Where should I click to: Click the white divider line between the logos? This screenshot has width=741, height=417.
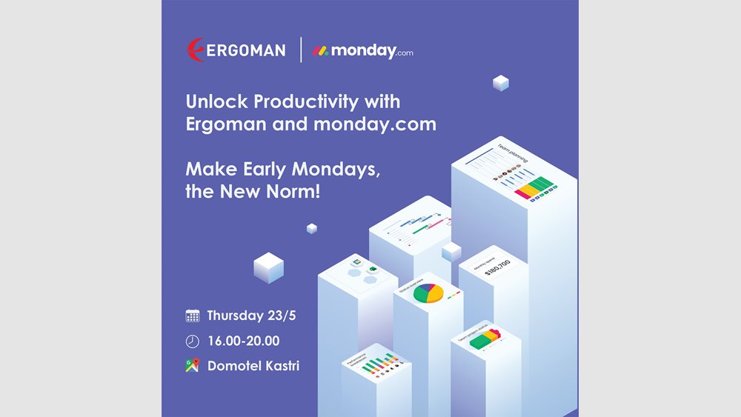[301, 50]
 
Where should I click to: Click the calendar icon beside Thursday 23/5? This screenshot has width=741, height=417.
[193, 316]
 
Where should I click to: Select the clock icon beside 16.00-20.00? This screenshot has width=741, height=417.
[193, 341]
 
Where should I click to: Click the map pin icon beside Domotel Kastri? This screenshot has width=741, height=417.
[193, 366]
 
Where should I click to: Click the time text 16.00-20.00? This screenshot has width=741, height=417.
[243, 341]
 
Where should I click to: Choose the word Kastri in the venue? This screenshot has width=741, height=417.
[279, 366]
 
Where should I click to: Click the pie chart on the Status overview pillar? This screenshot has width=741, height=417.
[428, 293]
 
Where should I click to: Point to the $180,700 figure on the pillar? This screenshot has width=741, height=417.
[497, 266]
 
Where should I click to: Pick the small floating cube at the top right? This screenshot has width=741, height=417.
[501, 83]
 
